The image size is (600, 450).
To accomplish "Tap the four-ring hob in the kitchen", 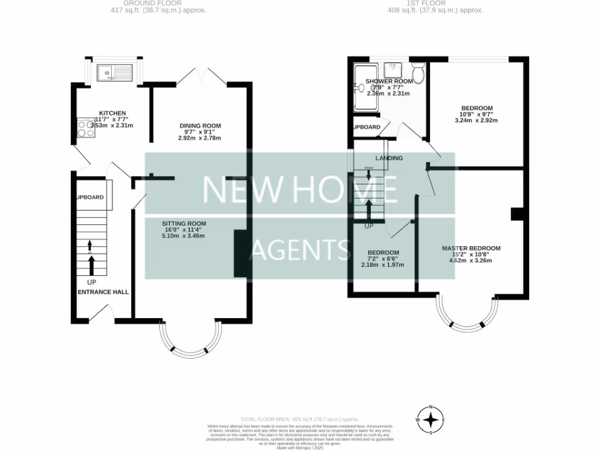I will (x=86, y=128).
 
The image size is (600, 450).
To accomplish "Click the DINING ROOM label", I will (x=200, y=126).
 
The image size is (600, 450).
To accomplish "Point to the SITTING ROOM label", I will (x=184, y=223).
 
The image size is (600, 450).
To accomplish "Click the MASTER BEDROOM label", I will (x=471, y=248).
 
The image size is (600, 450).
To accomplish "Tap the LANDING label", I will (x=389, y=158).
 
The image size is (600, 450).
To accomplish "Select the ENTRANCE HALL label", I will (x=103, y=291).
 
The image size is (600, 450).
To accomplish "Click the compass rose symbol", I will (x=432, y=420).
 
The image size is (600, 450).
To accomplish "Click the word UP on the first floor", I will (x=369, y=226).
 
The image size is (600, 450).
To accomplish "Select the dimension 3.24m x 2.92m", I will (x=476, y=120).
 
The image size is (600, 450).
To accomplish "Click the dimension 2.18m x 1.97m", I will (x=383, y=265).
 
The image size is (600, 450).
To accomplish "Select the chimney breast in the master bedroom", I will (x=516, y=214).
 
